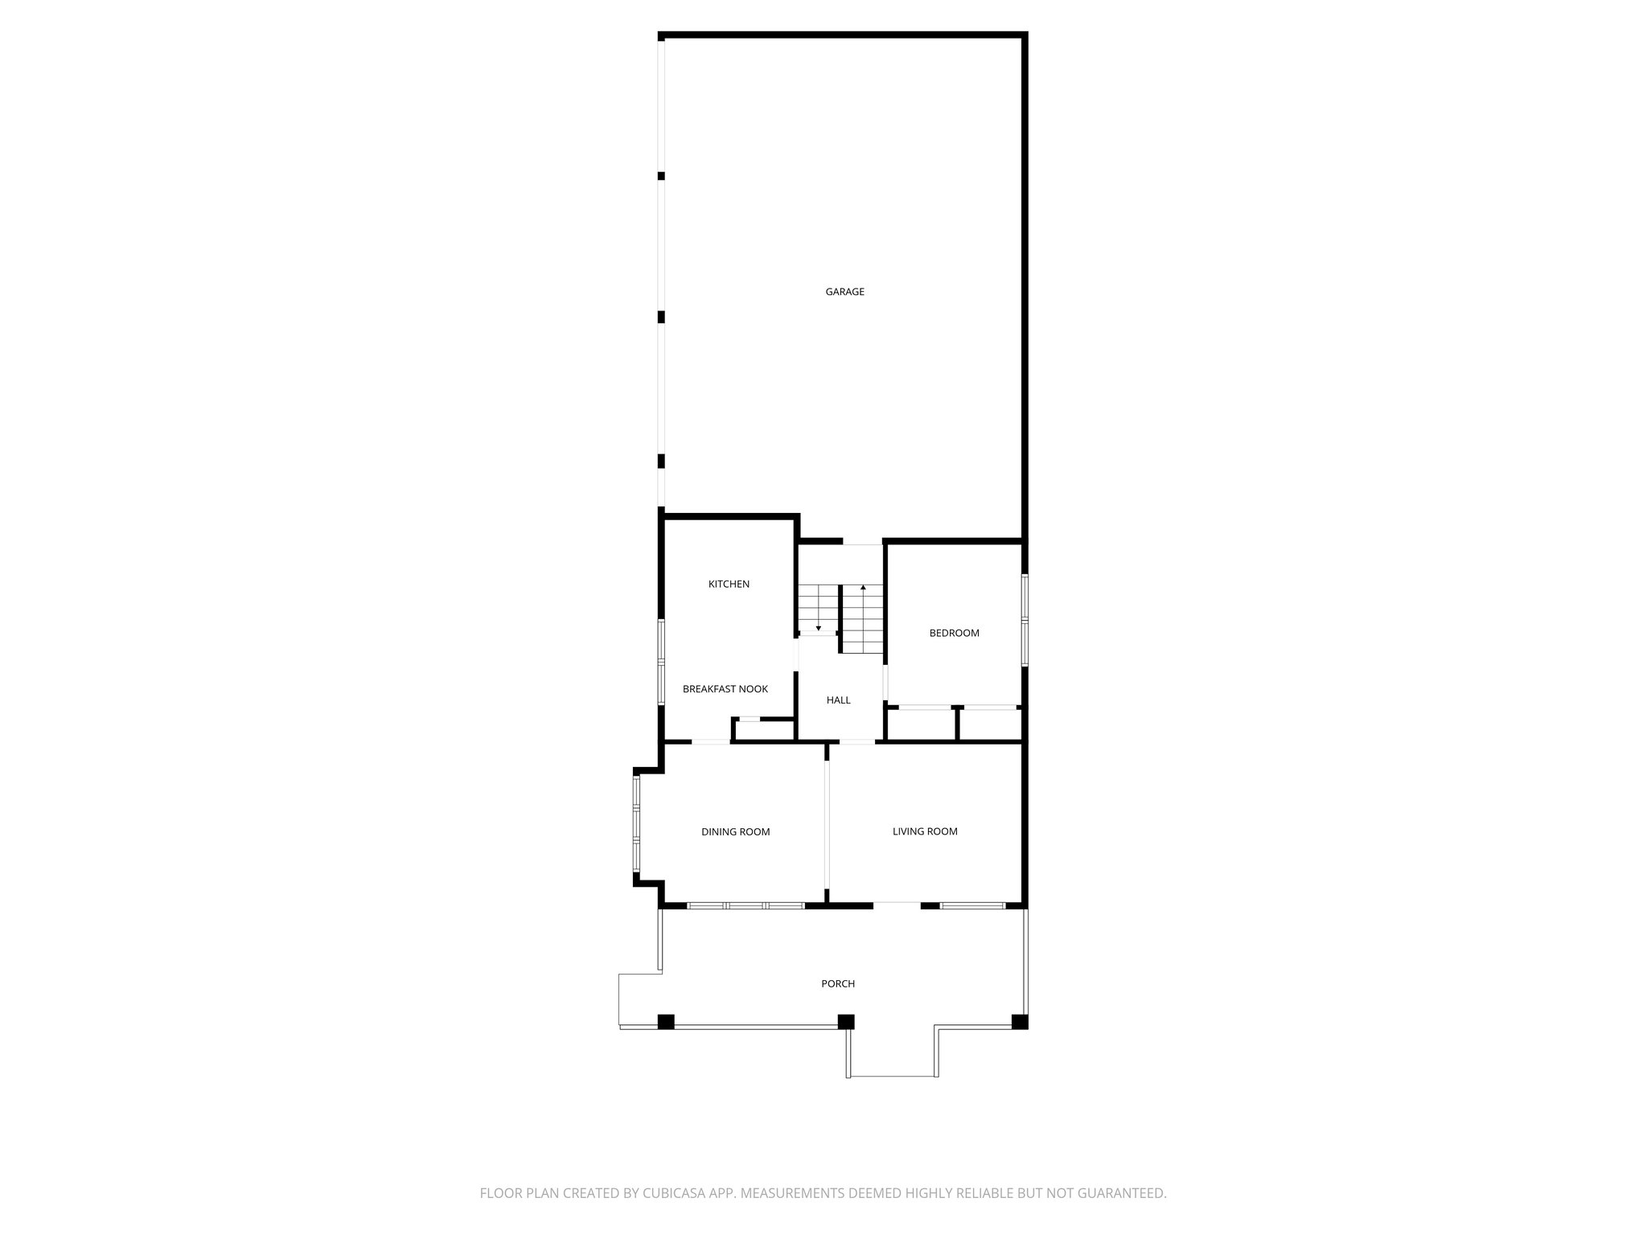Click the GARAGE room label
point(844,292)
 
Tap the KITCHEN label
point(729,585)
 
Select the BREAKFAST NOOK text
point(725,689)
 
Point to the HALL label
point(838,700)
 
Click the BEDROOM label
point(954,634)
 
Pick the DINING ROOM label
point(735,832)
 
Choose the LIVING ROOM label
point(925,831)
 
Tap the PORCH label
point(837,984)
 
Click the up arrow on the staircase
point(863,589)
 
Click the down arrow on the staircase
point(818,626)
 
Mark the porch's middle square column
point(845,1022)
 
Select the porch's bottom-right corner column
point(1019,1022)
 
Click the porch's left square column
point(666,1022)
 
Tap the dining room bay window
point(636,824)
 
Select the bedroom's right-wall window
point(1025,619)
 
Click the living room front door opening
point(897,905)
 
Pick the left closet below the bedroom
point(920,724)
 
